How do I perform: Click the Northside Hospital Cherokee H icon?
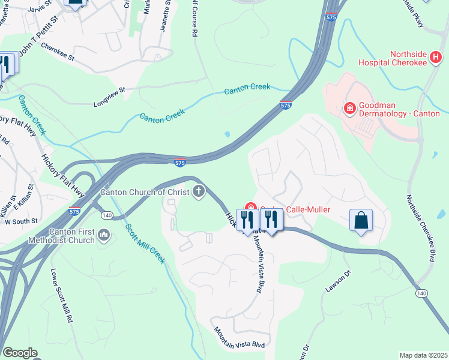(436, 58)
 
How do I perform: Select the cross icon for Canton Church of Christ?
(198, 192)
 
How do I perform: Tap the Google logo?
(19, 353)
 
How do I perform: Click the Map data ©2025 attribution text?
(423, 355)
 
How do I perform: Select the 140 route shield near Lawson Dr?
(421, 292)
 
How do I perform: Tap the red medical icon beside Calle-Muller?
(252, 208)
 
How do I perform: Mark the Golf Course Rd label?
(193, 18)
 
